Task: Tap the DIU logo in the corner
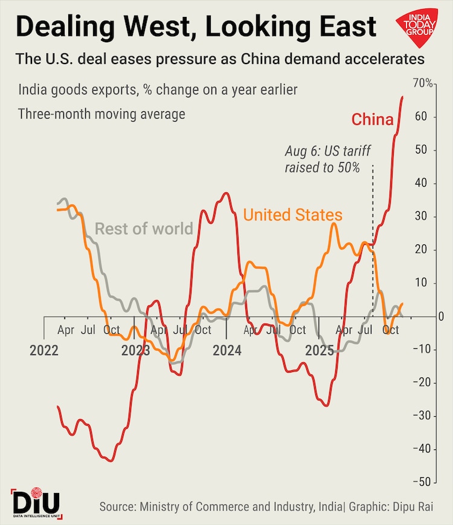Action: coord(36,501)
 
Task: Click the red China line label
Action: coord(372,119)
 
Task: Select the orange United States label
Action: coord(292,215)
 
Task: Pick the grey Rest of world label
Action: coord(144,229)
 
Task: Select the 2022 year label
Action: coord(46,350)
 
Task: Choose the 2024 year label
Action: coord(226,350)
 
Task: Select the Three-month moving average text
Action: coord(101,114)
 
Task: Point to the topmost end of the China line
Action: coord(403,97)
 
